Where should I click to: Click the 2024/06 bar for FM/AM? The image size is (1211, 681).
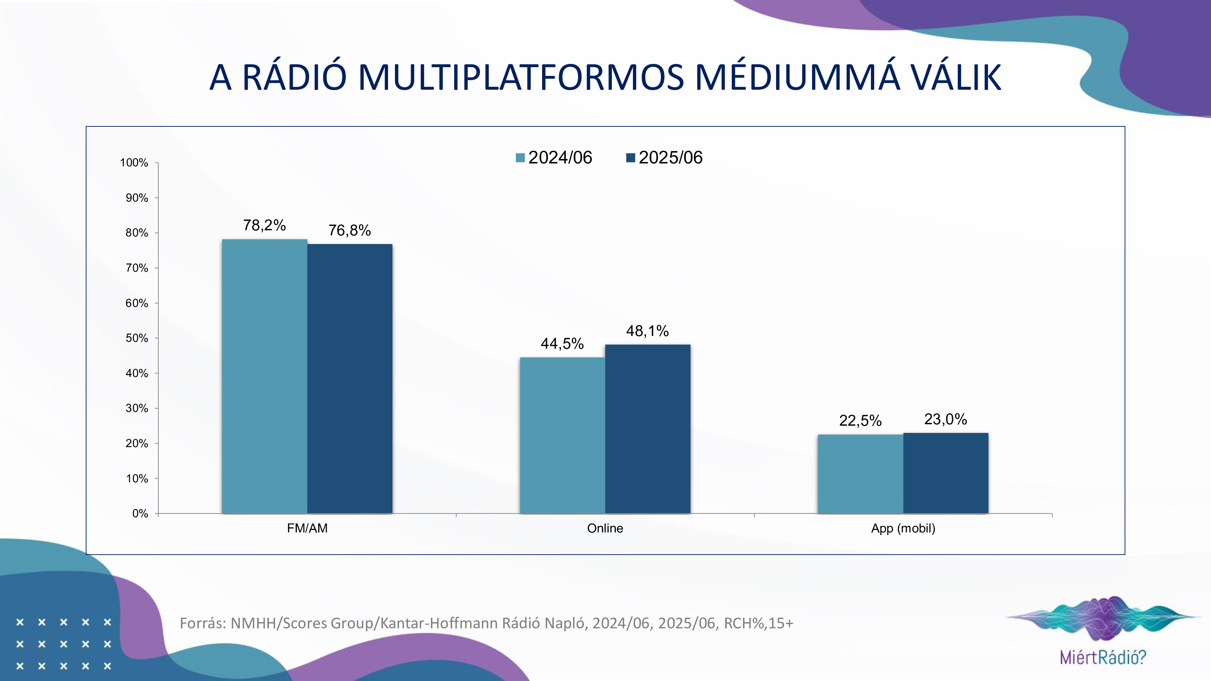click(x=264, y=376)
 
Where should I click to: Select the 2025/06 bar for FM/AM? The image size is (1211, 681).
click(x=350, y=378)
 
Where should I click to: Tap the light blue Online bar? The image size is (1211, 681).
click(x=562, y=435)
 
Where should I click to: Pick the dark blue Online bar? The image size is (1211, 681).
click(x=647, y=429)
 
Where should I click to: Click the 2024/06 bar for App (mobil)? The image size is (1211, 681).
click(x=860, y=474)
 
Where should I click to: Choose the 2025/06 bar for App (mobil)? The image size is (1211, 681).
click(x=945, y=473)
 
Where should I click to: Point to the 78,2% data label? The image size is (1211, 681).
click(x=264, y=226)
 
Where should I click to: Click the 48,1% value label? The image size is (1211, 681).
click(x=647, y=331)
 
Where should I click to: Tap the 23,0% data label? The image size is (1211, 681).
click(x=945, y=419)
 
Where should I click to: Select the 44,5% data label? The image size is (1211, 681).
click(x=562, y=344)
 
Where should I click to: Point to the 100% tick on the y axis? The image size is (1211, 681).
click(x=134, y=163)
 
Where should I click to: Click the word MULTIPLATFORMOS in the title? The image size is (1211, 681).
click(x=521, y=78)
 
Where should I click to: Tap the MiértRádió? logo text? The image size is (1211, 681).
click(x=1103, y=657)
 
